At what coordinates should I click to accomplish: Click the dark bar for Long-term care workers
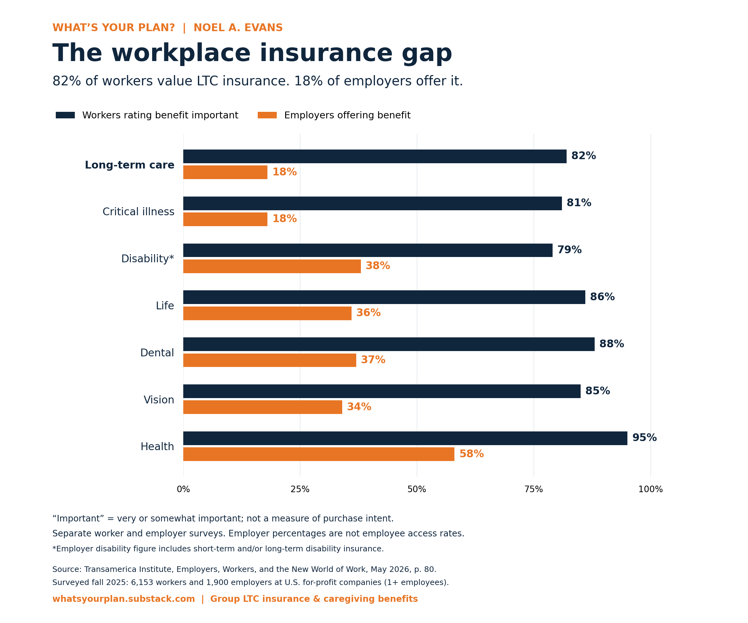coord(375,156)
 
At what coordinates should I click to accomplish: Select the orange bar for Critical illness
coord(225,219)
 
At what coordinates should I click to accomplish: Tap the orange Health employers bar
coord(319,454)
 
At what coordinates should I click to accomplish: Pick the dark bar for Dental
coord(389,344)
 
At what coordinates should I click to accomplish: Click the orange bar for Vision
coord(262,407)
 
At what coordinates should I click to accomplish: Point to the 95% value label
coord(644,438)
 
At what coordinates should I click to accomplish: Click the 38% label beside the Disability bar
coord(377,266)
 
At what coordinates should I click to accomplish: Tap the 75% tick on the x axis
coord(534,489)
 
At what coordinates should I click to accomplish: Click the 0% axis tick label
coord(184,489)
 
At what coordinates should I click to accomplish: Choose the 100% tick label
coord(650,489)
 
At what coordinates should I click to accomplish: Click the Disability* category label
coord(147,259)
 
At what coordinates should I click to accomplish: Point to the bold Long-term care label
coord(130,165)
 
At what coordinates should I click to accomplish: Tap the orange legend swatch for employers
coord(267,115)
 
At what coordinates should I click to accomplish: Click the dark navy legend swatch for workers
coord(65,115)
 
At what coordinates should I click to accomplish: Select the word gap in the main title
coord(427,54)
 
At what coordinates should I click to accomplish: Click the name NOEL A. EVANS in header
coord(238,28)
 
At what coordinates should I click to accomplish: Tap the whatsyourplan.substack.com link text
coord(124,599)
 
